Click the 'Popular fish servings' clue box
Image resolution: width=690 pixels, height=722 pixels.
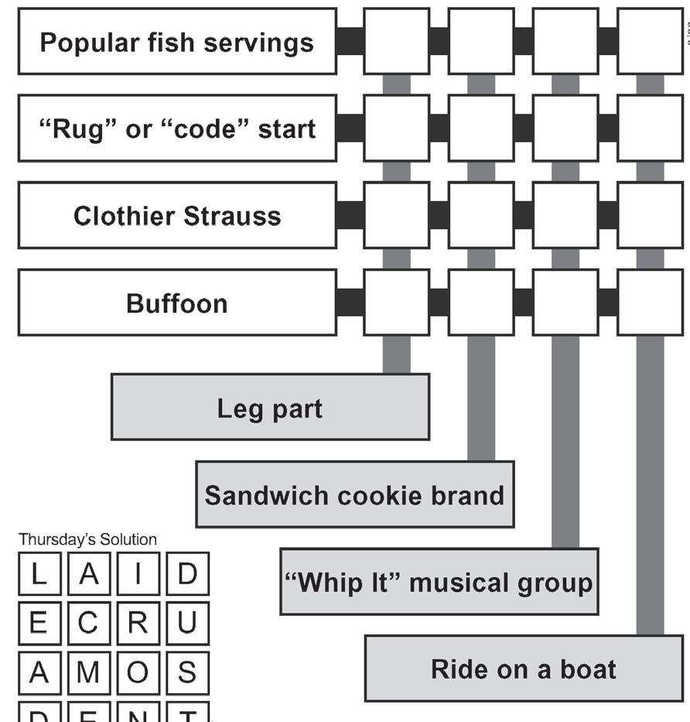pos(176,42)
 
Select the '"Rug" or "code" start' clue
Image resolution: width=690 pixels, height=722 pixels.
pos(176,128)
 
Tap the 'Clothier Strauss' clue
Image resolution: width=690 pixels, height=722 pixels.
pos(176,216)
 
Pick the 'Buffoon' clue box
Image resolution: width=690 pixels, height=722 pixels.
pos(176,303)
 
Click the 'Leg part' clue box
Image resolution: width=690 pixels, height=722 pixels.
pos(270,407)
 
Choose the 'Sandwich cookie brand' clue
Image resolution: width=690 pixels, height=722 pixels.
pos(354,494)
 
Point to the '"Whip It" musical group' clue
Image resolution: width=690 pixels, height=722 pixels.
pos(439,582)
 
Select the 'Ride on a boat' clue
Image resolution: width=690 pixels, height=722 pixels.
pos(523,669)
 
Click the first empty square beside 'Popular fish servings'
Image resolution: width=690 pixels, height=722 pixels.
pos(396,42)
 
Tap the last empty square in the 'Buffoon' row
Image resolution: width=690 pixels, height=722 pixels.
pos(650,303)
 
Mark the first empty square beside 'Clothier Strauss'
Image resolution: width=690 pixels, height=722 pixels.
pos(396,216)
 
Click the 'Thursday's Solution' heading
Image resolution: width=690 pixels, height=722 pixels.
pos(87,539)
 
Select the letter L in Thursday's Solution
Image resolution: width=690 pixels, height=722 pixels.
pos(39,575)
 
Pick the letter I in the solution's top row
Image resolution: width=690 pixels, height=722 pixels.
pos(137,575)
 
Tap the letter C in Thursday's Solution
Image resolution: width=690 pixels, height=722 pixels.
pos(88,623)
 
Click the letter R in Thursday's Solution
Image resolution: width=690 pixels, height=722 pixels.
pos(137,623)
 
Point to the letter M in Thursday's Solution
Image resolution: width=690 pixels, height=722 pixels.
pos(88,672)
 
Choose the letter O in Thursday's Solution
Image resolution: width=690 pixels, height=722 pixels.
pos(137,672)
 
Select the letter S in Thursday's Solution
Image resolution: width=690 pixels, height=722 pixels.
pos(186,672)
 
